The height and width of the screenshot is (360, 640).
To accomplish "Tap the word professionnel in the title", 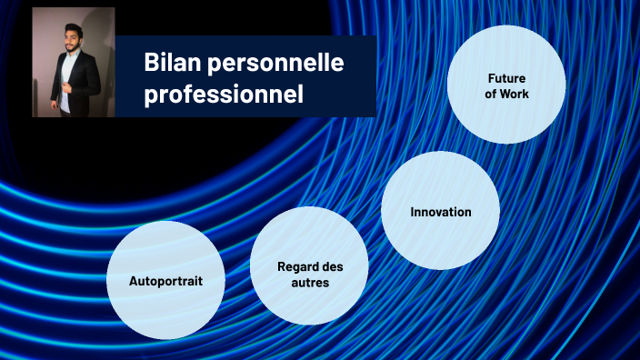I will click(x=223, y=94).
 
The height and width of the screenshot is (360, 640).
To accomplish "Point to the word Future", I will click(x=506, y=78).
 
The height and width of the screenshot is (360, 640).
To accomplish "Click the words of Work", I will click(x=506, y=94).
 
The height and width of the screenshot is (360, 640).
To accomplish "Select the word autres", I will click(x=308, y=283).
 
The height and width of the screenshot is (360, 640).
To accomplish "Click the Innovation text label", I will click(x=440, y=212).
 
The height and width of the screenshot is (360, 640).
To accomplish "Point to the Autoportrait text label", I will click(x=165, y=280).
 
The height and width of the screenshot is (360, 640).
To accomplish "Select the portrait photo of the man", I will click(x=74, y=62).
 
